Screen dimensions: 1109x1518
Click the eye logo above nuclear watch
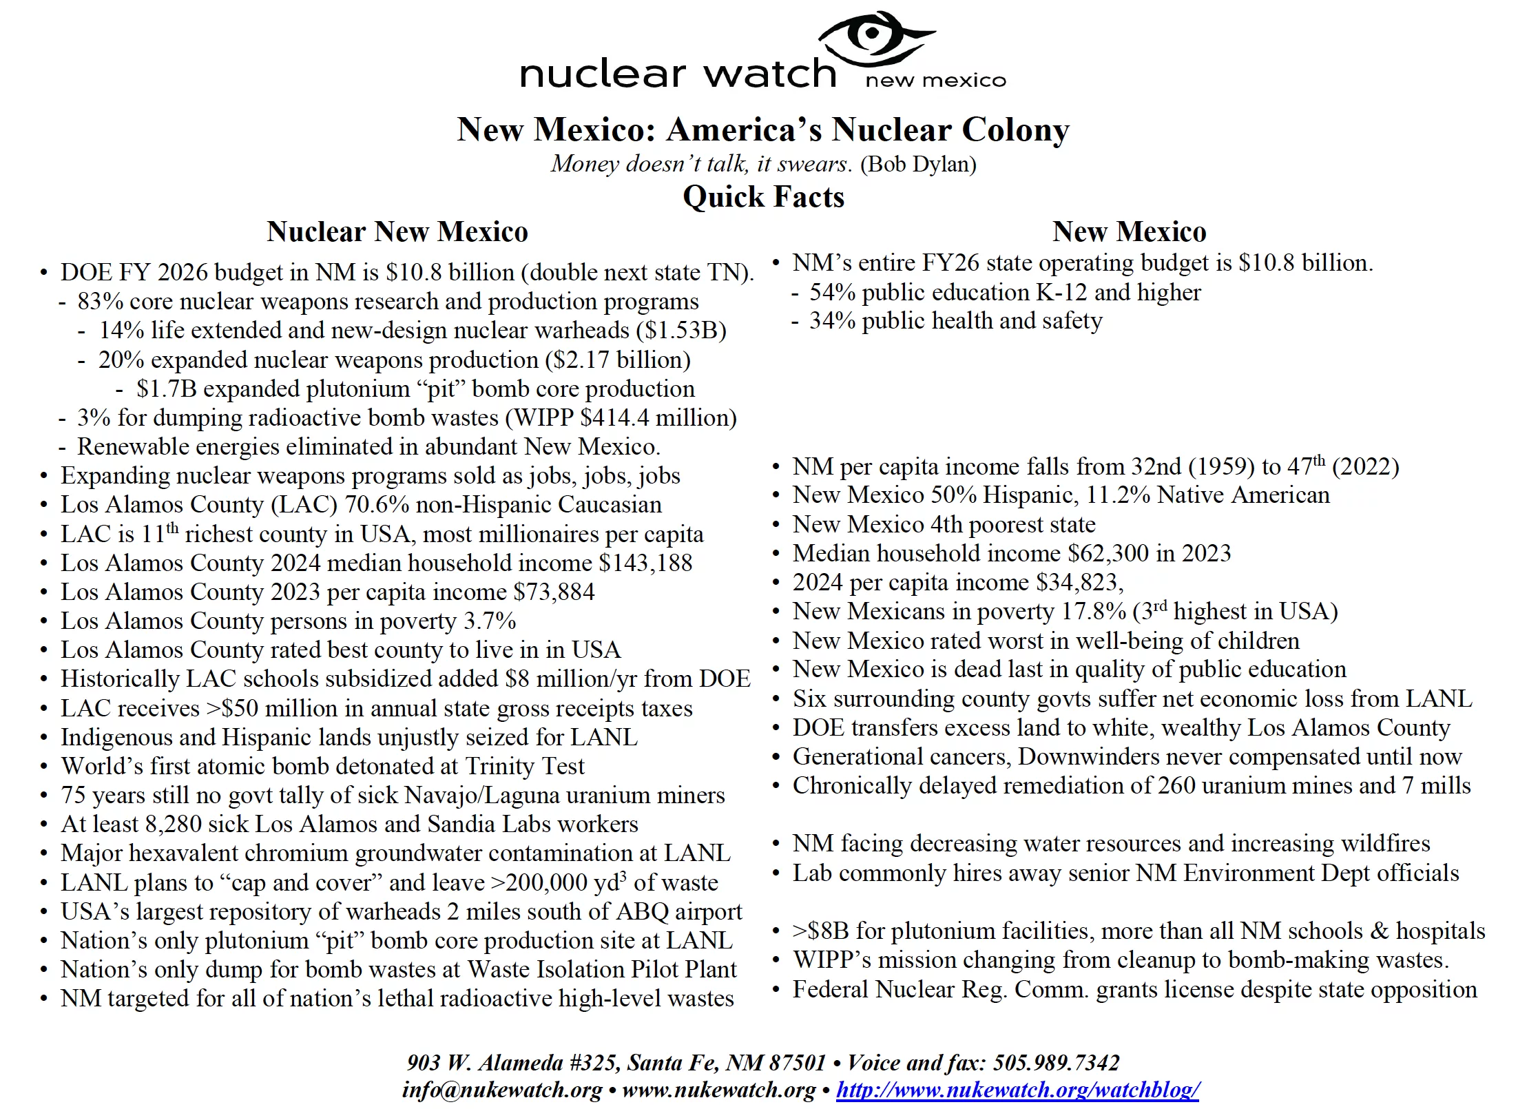pyautogui.click(x=873, y=36)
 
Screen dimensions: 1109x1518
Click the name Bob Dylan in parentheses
pyautogui.click(x=918, y=164)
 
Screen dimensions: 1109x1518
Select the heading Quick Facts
pyautogui.click(x=763, y=197)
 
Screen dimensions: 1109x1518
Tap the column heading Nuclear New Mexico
pyautogui.click(x=397, y=231)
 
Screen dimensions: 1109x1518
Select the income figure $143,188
pyautogui.click(x=645, y=563)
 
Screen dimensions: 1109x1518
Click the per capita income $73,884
pyautogui.click(x=554, y=592)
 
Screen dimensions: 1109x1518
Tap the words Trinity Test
pyautogui.click(x=525, y=767)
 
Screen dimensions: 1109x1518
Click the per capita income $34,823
pyautogui.click(x=1079, y=583)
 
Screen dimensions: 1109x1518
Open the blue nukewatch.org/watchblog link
pyautogui.click(x=1018, y=1090)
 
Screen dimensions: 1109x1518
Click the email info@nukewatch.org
pyautogui.click(x=502, y=1090)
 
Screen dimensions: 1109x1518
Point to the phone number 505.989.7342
pyautogui.click(x=1057, y=1063)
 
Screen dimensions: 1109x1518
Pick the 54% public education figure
pyautogui.click(x=832, y=293)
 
